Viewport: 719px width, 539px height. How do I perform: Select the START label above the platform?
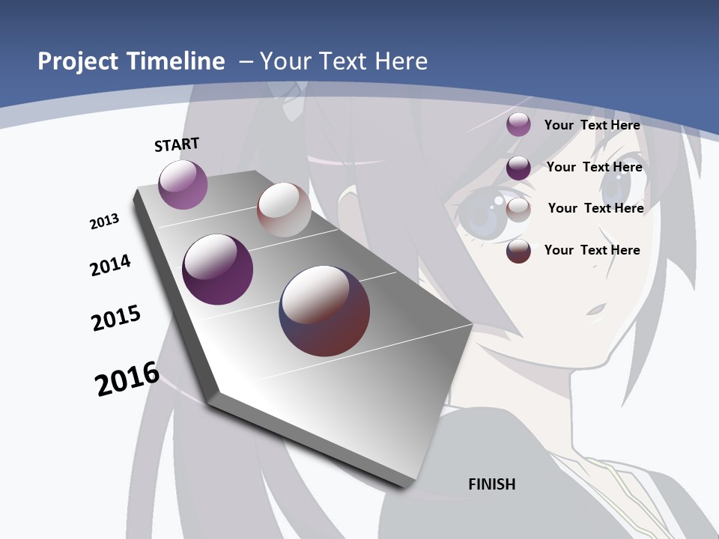click(x=177, y=144)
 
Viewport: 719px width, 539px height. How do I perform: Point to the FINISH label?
click(x=492, y=484)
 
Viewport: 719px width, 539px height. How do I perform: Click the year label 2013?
click(x=105, y=222)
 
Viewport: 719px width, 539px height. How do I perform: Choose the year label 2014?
click(x=110, y=265)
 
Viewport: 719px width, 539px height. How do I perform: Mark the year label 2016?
click(x=127, y=378)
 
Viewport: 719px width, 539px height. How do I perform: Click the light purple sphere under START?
click(x=183, y=184)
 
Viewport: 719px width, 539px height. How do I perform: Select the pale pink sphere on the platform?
click(x=284, y=210)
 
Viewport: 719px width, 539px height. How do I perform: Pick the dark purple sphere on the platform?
click(x=217, y=269)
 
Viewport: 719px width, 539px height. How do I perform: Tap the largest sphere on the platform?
click(x=324, y=311)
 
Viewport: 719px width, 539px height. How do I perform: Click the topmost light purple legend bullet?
click(x=518, y=124)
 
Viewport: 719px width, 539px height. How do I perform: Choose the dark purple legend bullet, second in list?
click(x=518, y=168)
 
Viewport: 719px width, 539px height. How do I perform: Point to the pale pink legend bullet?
click(x=518, y=210)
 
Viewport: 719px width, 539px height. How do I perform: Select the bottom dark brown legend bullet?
click(x=518, y=251)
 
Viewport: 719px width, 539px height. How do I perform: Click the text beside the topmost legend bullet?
click(x=592, y=125)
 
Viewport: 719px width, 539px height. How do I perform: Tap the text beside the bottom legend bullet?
click(x=592, y=250)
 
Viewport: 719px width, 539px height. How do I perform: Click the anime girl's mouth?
click(x=596, y=308)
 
